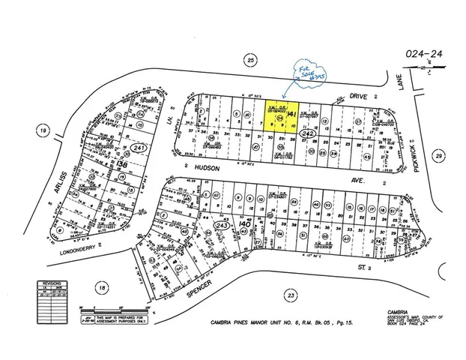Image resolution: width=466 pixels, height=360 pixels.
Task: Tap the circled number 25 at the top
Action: pyautogui.click(x=252, y=59)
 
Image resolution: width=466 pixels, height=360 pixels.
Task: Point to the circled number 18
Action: pyautogui.click(x=102, y=286)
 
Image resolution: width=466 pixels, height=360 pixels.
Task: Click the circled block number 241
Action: pyautogui.click(x=115, y=148)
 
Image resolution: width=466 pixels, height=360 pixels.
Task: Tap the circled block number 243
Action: pyautogui.click(x=222, y=225)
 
